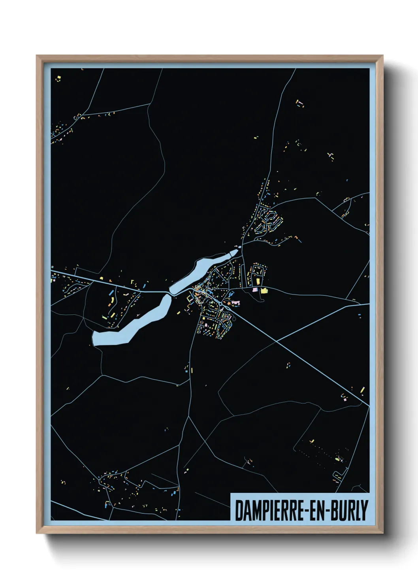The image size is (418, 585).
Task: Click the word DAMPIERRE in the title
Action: pos(267,510)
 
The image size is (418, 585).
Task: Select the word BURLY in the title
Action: pos(347,510)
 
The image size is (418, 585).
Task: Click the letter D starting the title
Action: pos(239,510)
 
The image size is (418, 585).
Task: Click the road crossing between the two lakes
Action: pos(169,293)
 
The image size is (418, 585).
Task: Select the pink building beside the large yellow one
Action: pos(255,290)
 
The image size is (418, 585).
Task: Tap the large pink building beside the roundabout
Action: pos(237,302)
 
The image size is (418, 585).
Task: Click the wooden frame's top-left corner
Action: pos(37,56)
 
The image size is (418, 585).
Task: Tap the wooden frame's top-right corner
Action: pos(382,56)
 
